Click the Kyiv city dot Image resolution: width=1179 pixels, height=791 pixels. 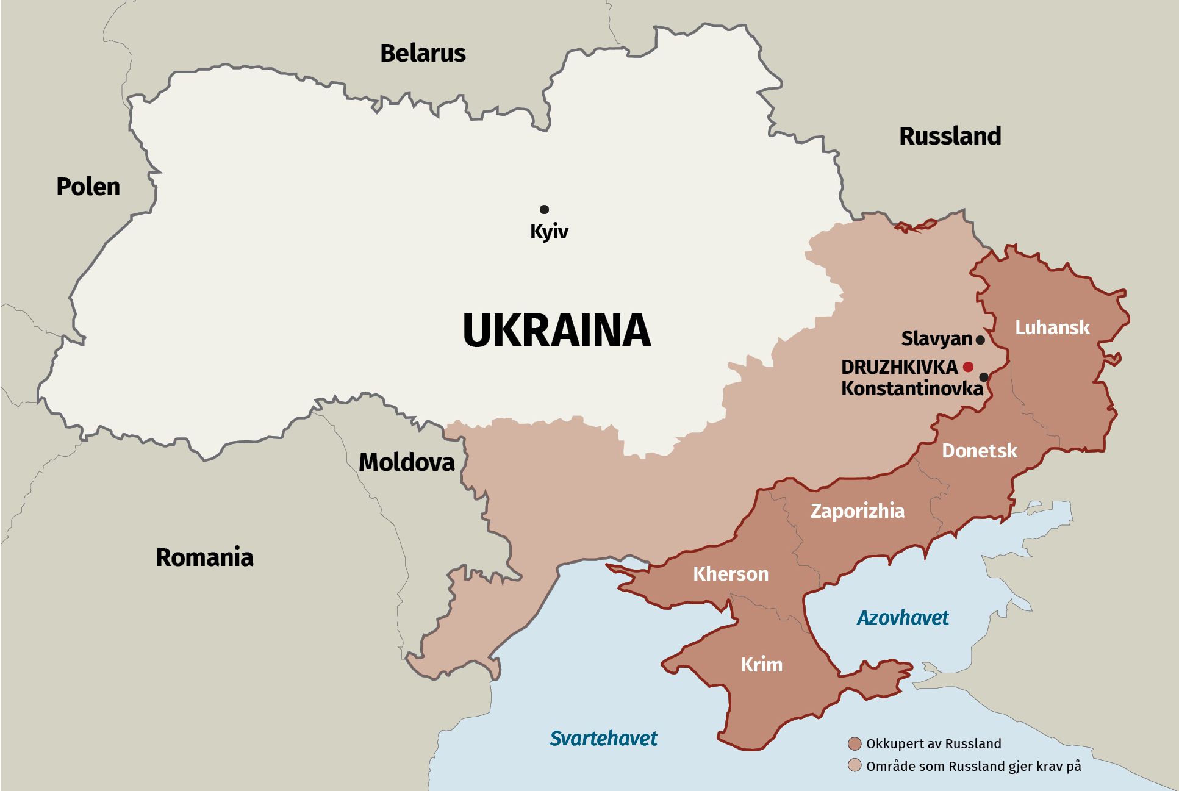(x=544, y=209)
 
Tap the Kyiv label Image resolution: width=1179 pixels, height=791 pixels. (x=549, y=232)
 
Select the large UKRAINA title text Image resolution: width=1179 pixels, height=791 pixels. (x=556, y=330)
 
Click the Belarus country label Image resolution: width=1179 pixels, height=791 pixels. (x=423, y=53)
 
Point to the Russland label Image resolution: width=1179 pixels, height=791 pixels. (x=950, y=135)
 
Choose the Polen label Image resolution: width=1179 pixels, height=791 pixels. (x=88, y=186)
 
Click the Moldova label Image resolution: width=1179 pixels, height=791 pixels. (x=406, y=462)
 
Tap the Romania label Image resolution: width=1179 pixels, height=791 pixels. (x=204, y=557)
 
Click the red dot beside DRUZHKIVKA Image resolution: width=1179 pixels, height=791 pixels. (x=968, y=367)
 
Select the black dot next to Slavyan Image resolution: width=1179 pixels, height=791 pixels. (x=980, y=340)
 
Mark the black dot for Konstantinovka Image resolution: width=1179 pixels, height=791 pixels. (x=983, y=377)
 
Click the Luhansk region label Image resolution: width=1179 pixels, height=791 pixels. (x=1052, y=327)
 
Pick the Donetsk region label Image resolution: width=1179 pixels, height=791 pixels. (x=979, y=451)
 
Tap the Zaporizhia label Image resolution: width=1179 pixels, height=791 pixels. (x=857, y=510)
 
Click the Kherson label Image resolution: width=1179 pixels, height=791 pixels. (x=731, y=573)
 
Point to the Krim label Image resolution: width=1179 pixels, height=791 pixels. (x=761, y=664)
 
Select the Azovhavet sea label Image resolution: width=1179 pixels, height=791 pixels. (x=903, y=618)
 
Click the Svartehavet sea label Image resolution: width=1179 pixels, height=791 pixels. (x=603, y=738)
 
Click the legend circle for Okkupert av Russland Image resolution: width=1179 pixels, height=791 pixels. (x=855, y=743)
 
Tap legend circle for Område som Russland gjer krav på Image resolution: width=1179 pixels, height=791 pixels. (x=855, y=765)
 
